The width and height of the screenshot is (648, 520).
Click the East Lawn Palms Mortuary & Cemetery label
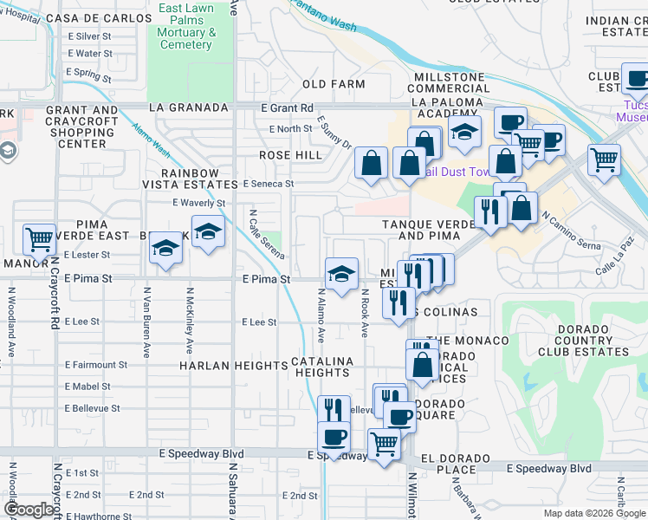click(x=186, y=26)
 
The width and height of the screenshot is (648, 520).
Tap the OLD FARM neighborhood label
click(x=334, y=84)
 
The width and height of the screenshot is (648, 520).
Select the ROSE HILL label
click(x=291, y=155)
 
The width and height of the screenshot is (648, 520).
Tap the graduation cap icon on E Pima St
click(x=341, y=274)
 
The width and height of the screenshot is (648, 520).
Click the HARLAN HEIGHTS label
click(x=233, y=366)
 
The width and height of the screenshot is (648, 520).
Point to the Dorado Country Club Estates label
click(x=580, y=340)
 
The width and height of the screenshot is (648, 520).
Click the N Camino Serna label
click(x=571, y=230)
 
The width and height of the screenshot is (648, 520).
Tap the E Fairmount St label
click(x=95, y=365)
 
